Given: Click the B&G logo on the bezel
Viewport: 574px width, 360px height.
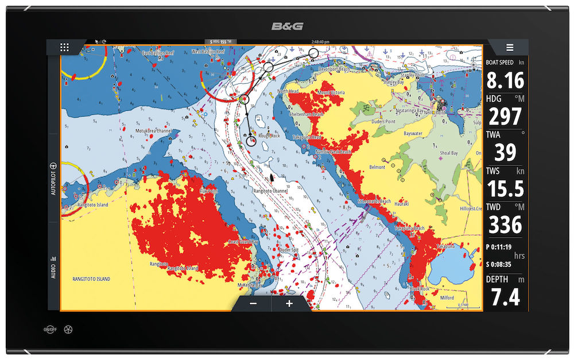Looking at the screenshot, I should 287,26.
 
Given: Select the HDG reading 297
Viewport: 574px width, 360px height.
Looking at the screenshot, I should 505,117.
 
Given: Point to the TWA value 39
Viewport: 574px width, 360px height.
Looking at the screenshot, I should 505,153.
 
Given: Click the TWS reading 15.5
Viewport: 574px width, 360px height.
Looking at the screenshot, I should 505,189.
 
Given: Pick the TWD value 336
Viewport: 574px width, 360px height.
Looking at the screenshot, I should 505,224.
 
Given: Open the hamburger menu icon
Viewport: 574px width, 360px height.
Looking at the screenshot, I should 509,48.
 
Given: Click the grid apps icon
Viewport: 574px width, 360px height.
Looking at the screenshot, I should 65,48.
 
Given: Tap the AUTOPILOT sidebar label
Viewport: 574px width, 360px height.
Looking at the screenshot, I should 54,178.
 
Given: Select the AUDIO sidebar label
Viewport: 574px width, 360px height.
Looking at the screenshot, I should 54,267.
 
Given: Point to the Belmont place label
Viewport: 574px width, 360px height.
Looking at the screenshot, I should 377,167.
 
